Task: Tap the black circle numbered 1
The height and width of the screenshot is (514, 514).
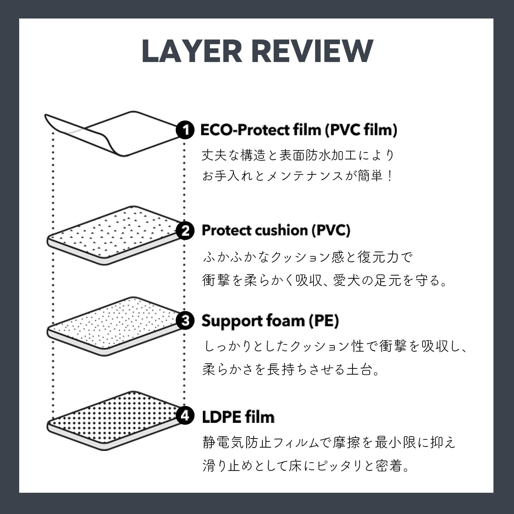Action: pyautogui.click(x=185, y=130)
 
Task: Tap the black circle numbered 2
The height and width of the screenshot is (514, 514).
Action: pyautogui.click(x=185, y=231)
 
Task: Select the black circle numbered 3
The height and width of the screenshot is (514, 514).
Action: pyautogui.click(x=185, y=321)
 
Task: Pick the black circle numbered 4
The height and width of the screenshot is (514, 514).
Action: pyautogui.click(x=185, y=416)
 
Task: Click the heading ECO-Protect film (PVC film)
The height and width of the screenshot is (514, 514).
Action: pyautogui.click(x=298, y=130)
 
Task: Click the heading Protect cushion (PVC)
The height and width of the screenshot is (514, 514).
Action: pyautogui.click(x=276, y=231)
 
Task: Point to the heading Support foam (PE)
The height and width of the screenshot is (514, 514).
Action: pyautogui.click(x=270, y=321)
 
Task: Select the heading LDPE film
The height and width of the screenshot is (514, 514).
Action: pyautogui.click(x=238, y=417)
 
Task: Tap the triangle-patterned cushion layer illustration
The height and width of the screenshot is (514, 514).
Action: pyautogui.click(x=113, y=235)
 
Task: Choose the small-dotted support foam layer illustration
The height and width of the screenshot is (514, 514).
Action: pyautogui.click(x=113, y=326)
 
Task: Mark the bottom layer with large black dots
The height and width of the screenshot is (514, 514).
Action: pyautogui.click(x=113, y=420)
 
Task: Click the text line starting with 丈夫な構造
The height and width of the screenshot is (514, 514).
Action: pyautogui.click(x=298, y=156)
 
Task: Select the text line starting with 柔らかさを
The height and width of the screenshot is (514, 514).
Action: pyautogui.click(x=291, y=369)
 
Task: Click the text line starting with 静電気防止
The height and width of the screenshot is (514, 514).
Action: pyautogui.click(x=329, y=443)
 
